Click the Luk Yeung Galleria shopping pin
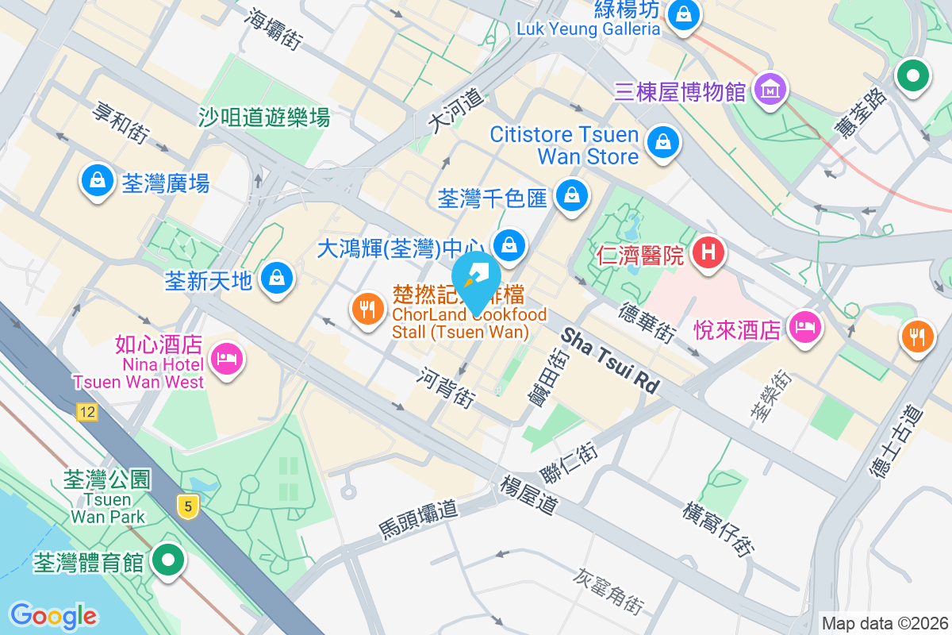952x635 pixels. tap(681, 14)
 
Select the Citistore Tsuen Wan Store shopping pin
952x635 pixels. tap(661, 143)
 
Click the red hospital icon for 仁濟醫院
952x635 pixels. tap(708, 253)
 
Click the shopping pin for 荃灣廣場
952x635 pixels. tap(97, 180)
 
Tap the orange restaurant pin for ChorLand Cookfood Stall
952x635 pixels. tap(367, 309)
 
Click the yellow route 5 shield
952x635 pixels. tap(187, 506)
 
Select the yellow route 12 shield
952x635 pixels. tap(87, 411)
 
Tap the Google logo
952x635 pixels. tap(53, 615)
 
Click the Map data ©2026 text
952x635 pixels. tap(884, 623)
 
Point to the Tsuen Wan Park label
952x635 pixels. tap(107, 508)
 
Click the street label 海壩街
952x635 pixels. tap(274, 29)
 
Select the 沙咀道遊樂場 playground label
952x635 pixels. tap(264, 118)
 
